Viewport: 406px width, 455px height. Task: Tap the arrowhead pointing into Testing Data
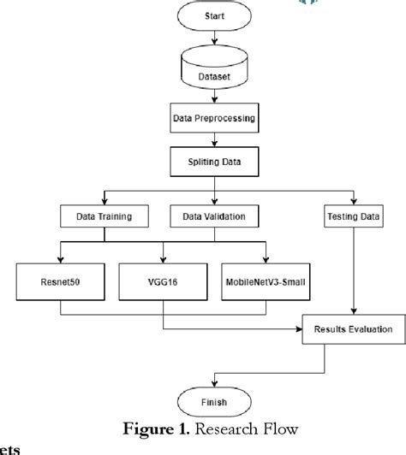[x=354, y=204]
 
